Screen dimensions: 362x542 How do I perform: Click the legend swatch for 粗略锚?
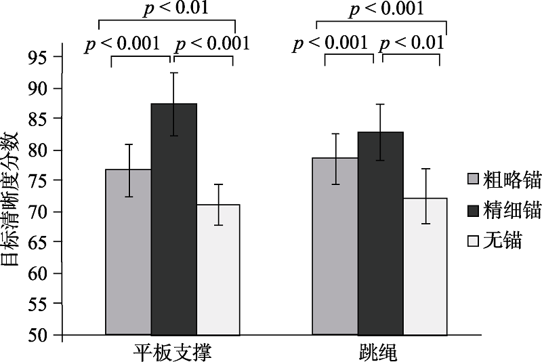[x=474, y=180]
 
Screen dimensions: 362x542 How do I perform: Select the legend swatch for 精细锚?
[x=474, y=210]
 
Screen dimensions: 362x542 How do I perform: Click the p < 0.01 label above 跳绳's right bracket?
[x=411, y=43]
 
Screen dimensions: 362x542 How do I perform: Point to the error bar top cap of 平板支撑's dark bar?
[x=173, y=73]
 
